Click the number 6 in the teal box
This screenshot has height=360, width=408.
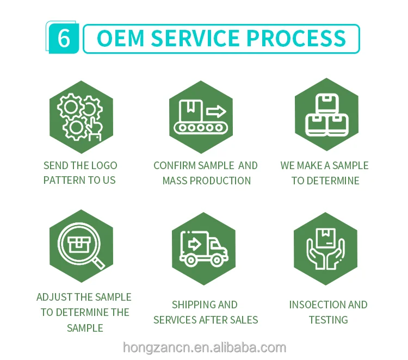(x=64, y=39)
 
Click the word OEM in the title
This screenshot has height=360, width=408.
(x=120, y=39)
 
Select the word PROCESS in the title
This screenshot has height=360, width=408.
(x=296, y=39)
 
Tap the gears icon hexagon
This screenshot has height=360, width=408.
(x=81, y=117)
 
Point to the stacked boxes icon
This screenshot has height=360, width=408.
(x=326, y=115)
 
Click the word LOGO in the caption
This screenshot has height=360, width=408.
(x=104, y=165)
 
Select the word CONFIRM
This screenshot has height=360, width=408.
(x=174, y=165)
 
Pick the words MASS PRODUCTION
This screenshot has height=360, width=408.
(x=207, y=180)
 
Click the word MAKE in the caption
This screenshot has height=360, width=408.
(x=311, y=165)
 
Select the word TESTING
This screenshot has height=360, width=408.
(x=328, y=320)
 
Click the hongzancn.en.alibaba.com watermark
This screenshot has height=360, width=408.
(x=204, y=347)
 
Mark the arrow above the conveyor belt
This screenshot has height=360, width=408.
(x=216, y=112)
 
